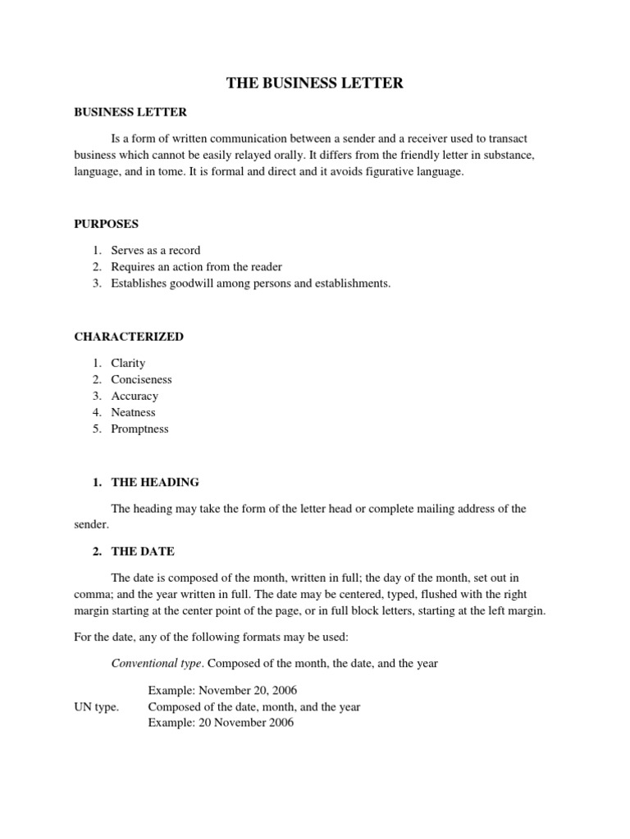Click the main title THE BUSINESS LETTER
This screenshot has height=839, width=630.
(x=315, y=84)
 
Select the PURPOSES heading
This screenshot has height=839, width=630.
(x=107, y=223)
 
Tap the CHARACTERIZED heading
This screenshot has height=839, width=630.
(x=129, y=336)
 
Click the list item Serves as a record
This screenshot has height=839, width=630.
(x=156, y=250)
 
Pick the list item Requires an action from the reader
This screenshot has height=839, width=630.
(x=197, y=266)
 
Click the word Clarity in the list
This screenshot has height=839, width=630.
(x=128, y=363)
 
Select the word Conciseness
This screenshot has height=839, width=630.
(x=142, y=379)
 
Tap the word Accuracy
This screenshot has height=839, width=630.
(x=135, y=396)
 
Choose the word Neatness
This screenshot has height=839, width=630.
(x=133, y=412)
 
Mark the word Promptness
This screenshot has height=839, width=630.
(x=140, y=429)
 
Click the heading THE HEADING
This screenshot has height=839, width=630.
(x=155, y=482)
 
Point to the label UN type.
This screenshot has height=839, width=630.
(x=96, y=706)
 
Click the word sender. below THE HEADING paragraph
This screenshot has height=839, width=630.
(x=91, y=524)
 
